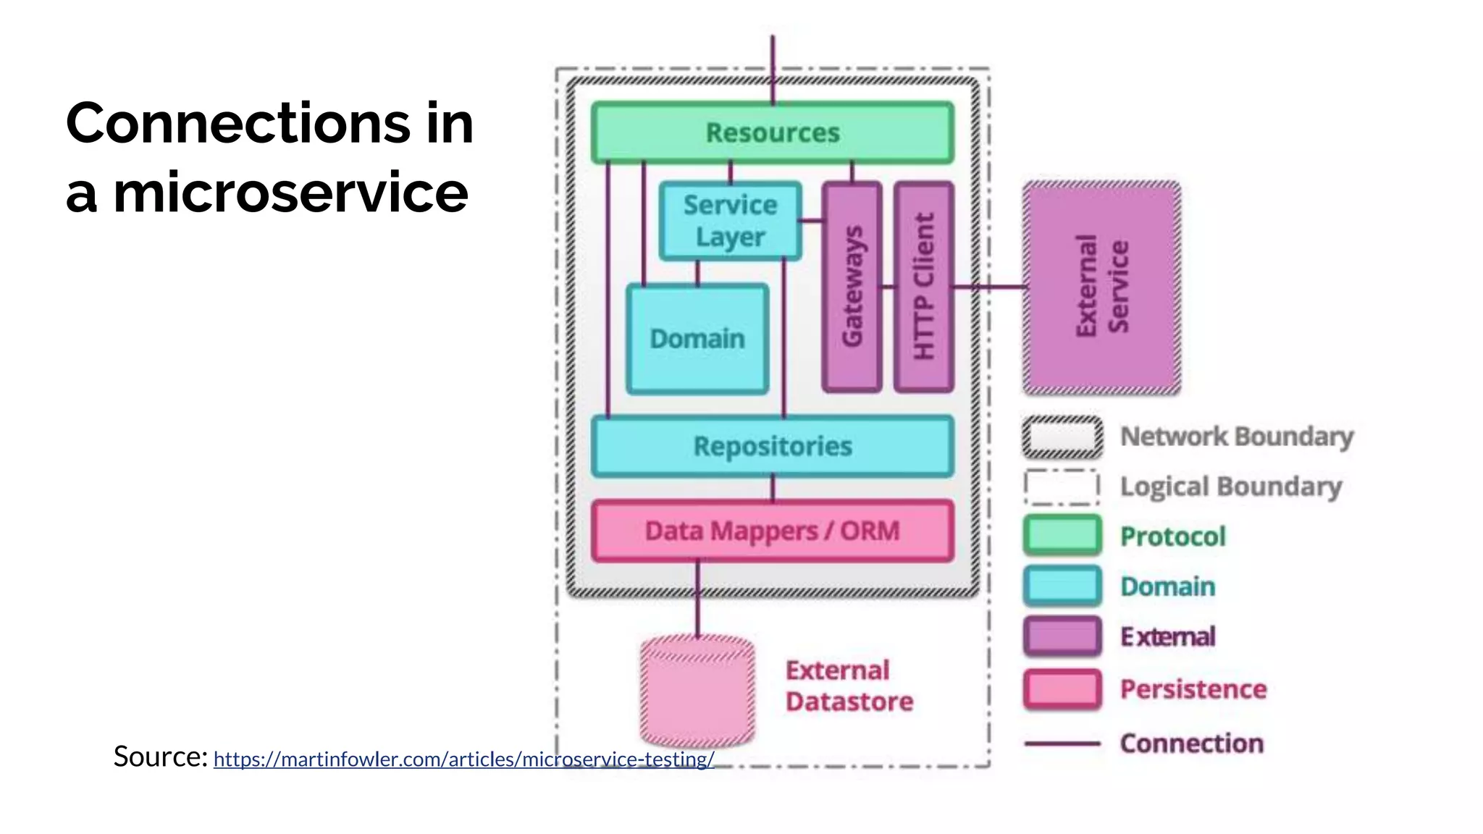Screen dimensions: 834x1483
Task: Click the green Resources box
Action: pos(772,132)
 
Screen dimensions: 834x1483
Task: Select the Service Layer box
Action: pos(730,221)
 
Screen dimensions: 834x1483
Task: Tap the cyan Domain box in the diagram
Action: pos(697,339)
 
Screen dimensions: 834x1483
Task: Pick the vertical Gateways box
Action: pos(852,287)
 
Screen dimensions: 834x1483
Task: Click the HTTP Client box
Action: pos(923,287)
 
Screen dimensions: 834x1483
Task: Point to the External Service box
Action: pos(1101,287)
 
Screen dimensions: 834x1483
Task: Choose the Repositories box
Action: pos(772,446)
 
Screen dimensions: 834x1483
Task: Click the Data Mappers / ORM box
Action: pos(772,531)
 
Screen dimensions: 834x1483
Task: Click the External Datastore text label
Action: pos(849,686)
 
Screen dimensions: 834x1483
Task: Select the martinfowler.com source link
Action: pos(463,759)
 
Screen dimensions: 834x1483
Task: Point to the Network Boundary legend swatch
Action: pos(1062,437)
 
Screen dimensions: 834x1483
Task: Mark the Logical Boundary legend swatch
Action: pos(1062,487)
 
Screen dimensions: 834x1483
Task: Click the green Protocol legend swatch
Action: pos(1062,536)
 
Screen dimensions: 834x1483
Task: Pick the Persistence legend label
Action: pos(1193,689)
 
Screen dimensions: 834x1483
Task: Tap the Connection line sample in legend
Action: pos(1062,744)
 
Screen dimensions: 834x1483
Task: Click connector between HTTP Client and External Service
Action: pos(988,287)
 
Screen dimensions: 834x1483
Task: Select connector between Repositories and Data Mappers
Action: pos(773,488)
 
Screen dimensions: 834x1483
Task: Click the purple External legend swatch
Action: pos(1062,636)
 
